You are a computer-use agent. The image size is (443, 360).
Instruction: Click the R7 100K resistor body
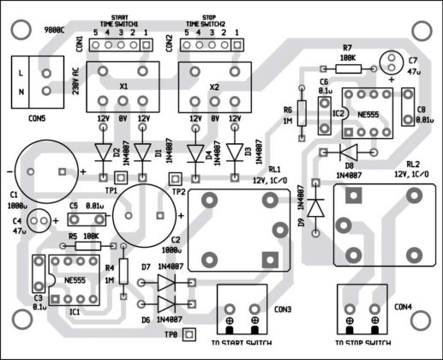(x=347, y=67)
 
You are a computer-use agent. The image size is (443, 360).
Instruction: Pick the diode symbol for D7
(x=167, y=282)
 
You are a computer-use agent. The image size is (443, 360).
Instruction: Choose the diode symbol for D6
(x=167, y=303)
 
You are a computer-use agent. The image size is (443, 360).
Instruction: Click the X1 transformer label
(x=123, y=86)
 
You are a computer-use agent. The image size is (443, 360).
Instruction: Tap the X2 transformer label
(x=213, y=87)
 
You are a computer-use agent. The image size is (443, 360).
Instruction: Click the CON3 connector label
(x=283, y=309)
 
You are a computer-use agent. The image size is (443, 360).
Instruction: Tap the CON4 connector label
(x=403, y=306)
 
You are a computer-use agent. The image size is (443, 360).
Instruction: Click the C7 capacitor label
(x=412, y=61)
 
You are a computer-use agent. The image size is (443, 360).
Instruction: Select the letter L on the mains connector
(x=20, y=72)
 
